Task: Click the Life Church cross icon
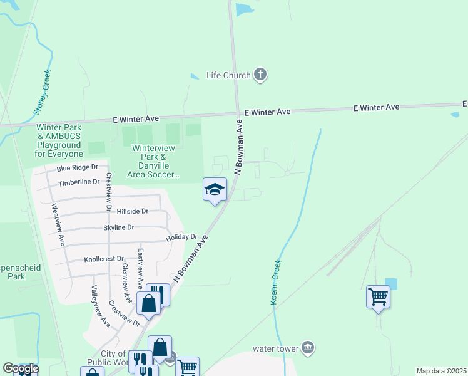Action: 260,75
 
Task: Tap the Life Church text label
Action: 228,76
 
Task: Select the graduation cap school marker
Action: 215,189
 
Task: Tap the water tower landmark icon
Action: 307,347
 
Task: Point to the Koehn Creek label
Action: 275,283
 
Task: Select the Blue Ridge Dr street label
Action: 78,168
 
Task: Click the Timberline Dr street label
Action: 79,182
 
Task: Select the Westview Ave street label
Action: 58,224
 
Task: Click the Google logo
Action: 20,368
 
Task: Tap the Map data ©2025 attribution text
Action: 441,371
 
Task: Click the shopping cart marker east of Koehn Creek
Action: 378,296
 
